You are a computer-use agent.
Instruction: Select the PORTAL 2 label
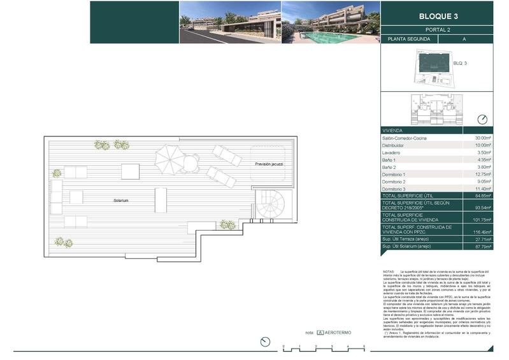[436, 29]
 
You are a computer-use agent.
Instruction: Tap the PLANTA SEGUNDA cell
[408, 40]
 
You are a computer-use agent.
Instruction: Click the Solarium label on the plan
[122, 201]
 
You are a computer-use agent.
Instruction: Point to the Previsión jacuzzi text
[269, 164]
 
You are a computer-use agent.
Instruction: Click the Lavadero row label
[392, 153]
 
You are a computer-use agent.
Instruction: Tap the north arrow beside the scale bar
[265, 342]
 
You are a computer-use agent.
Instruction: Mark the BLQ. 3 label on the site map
[460, 63]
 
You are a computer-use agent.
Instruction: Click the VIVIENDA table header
[393, 129]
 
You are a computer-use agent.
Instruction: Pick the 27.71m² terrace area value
[483, 239]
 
